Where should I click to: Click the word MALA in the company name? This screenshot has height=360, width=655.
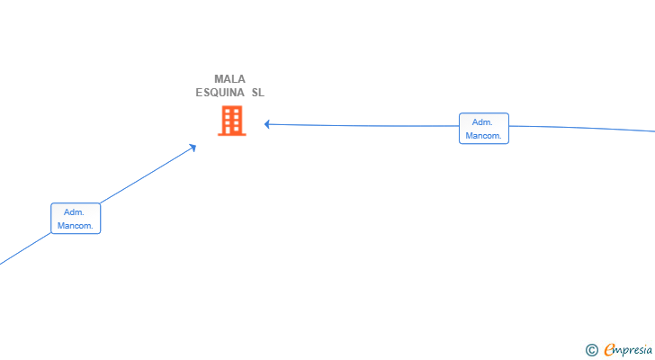click(x=229, y=79)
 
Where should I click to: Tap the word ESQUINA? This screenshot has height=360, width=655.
click(x=220, y=93)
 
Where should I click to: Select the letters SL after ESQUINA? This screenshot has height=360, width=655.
click(x=257, y=93)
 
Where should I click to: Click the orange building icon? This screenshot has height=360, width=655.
click(x=232, y=121)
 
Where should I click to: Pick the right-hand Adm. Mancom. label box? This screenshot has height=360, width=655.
click(x=484, y=128)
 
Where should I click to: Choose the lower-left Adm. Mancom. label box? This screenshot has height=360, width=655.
click(x=76, y=219)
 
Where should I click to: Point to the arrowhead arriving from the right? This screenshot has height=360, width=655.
click(x=267, y=124)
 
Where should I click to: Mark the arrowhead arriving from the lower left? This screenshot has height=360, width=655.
click(x=193, y=148)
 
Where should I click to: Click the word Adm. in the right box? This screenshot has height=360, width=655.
click(x=482, y=122)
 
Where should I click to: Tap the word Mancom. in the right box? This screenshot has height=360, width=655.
click(x=483, y=136)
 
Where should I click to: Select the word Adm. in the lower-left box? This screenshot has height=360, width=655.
click(x=74, y=212)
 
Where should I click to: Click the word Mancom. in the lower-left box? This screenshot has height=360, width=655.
click(x=76, y=226)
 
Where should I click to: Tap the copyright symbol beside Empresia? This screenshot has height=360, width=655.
click(x=591, y=350)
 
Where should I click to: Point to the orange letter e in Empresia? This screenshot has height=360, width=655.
click(x=609, y=349)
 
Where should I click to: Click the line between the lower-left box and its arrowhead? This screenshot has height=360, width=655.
click(x=148, y=175)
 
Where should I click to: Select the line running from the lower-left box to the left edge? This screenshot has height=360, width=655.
click(x=25, y=248)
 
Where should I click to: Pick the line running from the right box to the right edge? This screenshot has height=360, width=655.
click(x=582, y=128)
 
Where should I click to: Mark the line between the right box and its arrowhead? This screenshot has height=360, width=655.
click(x=362, y=125)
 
